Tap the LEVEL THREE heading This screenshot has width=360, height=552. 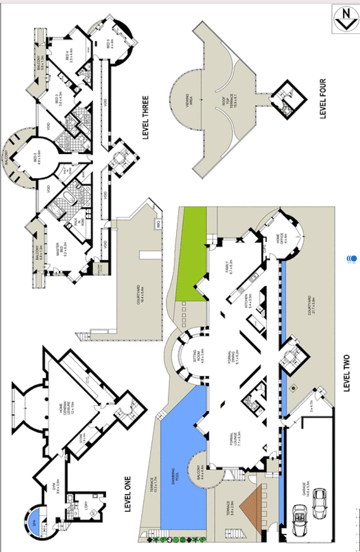point(145,117)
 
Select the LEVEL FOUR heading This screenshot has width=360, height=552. point(323,99)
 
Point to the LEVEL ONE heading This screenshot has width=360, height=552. point(128,494)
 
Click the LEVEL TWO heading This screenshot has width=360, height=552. point(346,373)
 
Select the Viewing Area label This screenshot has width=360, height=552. point(189,99)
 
